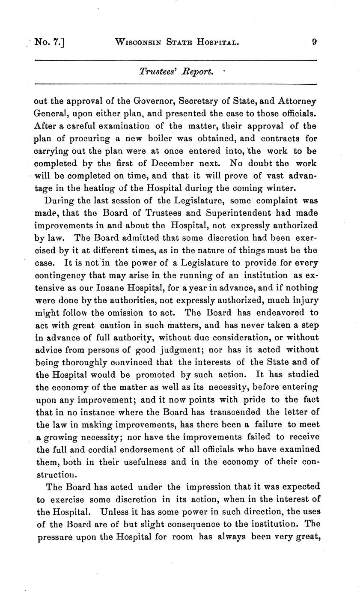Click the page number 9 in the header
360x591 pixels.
pyautogui.click(x=314, y=42)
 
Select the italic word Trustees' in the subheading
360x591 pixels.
pyautogui.click(x=155, y=71)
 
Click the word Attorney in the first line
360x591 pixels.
pyautogui.click(x=297, y=101)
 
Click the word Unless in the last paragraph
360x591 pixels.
pyautogui.click(x=113, y=511)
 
